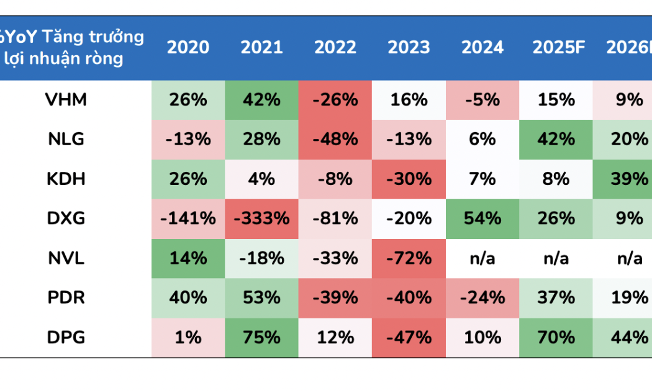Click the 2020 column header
[188, 48]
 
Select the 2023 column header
[409, 48]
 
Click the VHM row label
[66, 100]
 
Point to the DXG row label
[66, 218]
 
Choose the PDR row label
[66, 298]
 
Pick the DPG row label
[66, 338]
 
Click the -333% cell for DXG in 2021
[261, 218]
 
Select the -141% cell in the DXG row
[188, 218]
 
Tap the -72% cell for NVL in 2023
[409, 258]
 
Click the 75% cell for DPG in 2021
[261, 338]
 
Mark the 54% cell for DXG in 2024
[482, 218]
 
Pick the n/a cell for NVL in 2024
[482, 258]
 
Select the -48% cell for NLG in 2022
[335, 140]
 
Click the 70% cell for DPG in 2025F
[556, 338]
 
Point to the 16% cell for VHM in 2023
[409, 100]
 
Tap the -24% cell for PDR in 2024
[482, 298]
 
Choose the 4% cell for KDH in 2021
[261, 179]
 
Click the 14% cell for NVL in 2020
[188, 258]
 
